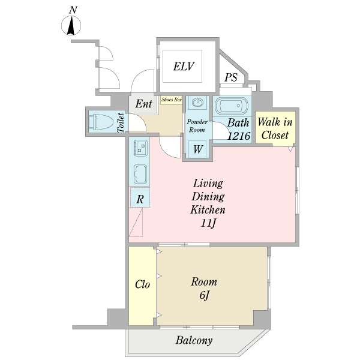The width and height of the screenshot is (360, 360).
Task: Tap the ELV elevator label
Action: pos(184,67)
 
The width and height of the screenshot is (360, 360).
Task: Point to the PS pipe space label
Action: pos(231,77)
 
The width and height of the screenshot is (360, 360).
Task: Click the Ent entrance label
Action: pos(143,104)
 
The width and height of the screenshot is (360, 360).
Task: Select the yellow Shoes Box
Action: pos(171,100)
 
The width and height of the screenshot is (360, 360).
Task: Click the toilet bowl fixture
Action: pos(101,122)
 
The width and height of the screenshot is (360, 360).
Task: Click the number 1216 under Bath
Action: pos(238,136)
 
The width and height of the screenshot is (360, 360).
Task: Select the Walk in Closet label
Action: pos(274,127)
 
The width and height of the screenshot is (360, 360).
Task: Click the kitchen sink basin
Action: pos(140,174)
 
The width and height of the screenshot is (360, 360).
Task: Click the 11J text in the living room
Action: pos(208,224)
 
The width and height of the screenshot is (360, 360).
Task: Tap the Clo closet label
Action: pos(142,284)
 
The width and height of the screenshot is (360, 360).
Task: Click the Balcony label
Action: pos(194,341)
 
